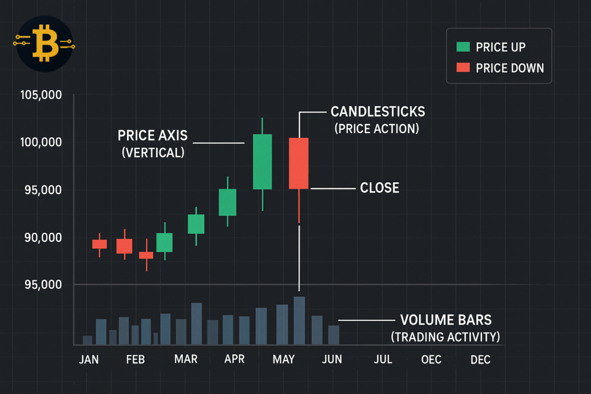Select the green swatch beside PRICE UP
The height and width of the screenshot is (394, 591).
coord(463,47)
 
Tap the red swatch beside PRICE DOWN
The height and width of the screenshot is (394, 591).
coord(463,67)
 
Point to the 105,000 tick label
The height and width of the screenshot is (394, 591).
coord(41,95)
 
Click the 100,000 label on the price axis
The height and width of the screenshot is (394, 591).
coord(41,142)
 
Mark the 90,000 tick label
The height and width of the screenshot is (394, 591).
coord(41,238)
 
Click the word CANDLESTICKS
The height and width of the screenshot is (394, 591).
coord(377,111)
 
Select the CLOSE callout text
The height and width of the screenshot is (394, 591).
coord(379,188)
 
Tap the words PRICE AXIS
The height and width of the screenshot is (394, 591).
coord(152,136)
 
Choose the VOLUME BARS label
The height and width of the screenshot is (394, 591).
coord(446,320)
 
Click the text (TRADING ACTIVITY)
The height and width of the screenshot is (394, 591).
coord(446,336)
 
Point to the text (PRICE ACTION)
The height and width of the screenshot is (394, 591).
coord(377,128)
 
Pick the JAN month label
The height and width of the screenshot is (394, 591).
coord(89,360)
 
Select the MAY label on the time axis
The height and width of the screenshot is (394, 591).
coord(283,360)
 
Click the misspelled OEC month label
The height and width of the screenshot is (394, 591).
coord(431,360)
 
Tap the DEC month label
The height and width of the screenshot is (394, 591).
coord(480,360)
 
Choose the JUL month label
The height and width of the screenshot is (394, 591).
coord(383,360)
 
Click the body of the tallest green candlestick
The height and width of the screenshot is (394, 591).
coord(262,162)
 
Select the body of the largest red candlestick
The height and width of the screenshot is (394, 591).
coord(298,163)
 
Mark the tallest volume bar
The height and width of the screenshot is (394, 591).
coord(299,320)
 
